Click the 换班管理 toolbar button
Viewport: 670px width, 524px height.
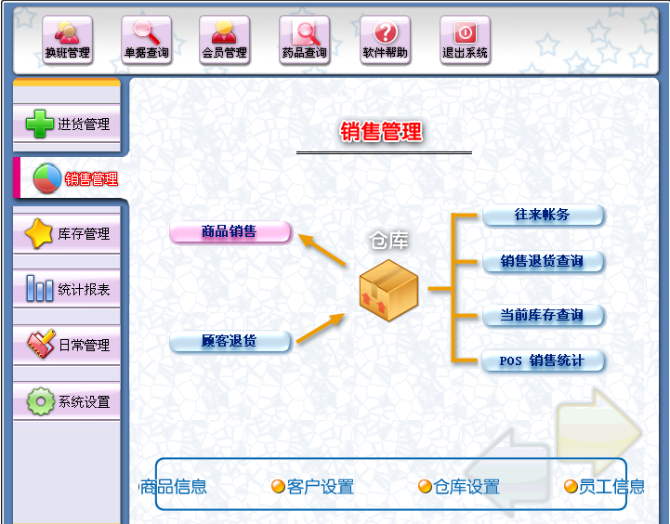pos(67,41)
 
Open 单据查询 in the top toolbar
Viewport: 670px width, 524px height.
pos(146,41)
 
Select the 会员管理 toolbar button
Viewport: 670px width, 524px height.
pos(224,41)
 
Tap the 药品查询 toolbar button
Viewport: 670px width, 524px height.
pos(304,41)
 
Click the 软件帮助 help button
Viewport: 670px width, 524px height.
pos(385,41)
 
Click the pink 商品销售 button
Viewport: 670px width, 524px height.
pos(230,232)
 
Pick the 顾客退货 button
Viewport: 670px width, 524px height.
pos(230,342)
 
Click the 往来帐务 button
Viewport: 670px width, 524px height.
pos(543,216)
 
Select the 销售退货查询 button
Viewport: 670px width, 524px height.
pos(543,262)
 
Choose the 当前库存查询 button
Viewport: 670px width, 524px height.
pos(543,316)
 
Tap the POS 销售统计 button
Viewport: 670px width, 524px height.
pos(543,360)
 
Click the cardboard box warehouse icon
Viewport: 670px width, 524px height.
pos(388,285)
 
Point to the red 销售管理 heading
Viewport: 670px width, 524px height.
pos(381,132)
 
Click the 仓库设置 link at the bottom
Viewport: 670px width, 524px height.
pos(459,487)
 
